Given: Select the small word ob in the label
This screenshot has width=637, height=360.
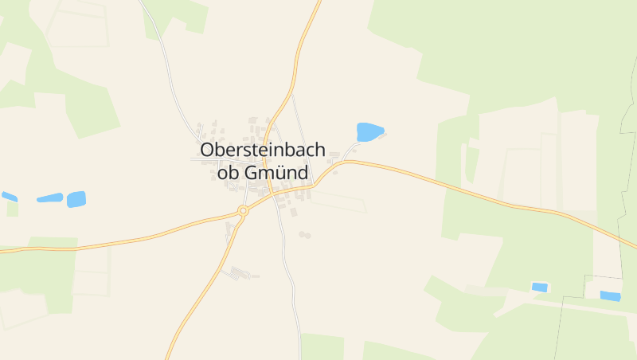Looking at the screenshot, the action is pos(228,172).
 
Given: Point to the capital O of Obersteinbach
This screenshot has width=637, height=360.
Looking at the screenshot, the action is pos(209,150).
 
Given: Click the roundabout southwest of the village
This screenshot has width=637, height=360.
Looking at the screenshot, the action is pos(243,211).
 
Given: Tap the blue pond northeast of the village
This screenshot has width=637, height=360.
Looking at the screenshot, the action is pos(369,131).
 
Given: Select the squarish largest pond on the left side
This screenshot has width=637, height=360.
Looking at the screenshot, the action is pos(76,199).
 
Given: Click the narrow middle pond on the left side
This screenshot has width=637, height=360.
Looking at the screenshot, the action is pos(49,198).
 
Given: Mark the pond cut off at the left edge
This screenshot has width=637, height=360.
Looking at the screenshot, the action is pos(9,196).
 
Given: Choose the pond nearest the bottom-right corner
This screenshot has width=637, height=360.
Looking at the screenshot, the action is pos(610,296).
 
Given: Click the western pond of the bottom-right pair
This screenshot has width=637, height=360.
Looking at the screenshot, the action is pos(540,287).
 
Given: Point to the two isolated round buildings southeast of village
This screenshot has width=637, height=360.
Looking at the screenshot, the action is pos(304,234).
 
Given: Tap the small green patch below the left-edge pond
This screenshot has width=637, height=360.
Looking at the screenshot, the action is pos(13,209).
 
